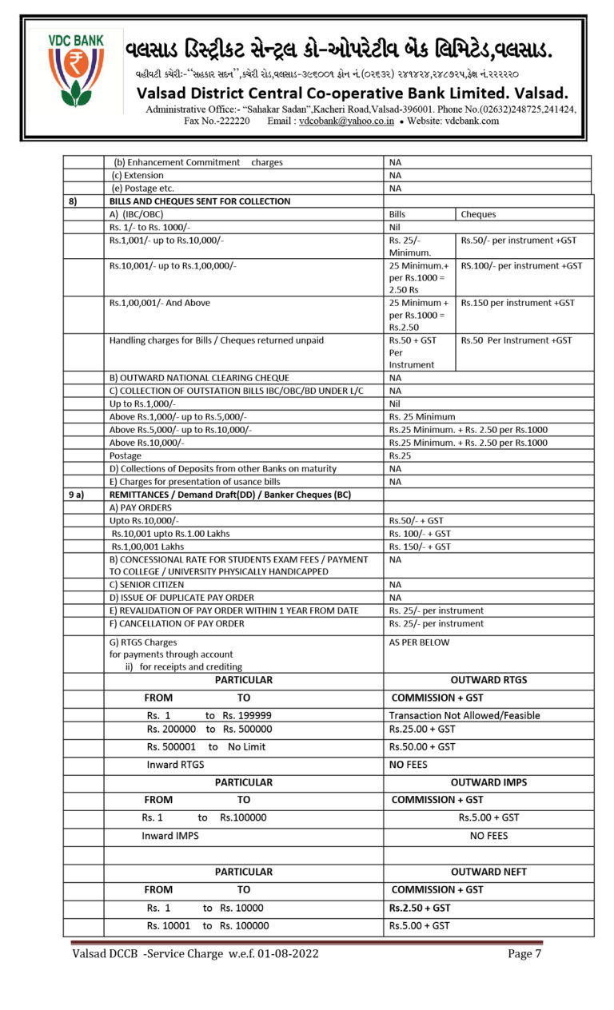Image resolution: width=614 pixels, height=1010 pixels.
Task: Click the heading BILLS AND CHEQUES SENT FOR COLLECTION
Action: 200,201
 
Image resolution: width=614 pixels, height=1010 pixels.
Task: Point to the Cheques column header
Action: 478,214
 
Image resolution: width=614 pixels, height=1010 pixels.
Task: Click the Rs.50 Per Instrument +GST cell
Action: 516,340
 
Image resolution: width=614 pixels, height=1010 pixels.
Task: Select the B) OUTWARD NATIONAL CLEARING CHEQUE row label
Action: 199,378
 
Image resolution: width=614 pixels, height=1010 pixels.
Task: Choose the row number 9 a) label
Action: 76,495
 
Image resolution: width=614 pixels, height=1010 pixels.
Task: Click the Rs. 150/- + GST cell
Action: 420,547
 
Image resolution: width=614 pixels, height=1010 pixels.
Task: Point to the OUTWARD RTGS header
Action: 488,680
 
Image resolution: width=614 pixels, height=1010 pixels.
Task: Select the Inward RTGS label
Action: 175,765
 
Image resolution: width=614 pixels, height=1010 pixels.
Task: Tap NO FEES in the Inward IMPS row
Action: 488,836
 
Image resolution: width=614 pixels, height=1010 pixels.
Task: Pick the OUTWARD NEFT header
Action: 488,872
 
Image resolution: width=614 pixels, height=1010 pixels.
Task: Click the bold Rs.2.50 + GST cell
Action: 419,908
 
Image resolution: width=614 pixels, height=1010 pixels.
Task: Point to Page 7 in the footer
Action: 524,953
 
